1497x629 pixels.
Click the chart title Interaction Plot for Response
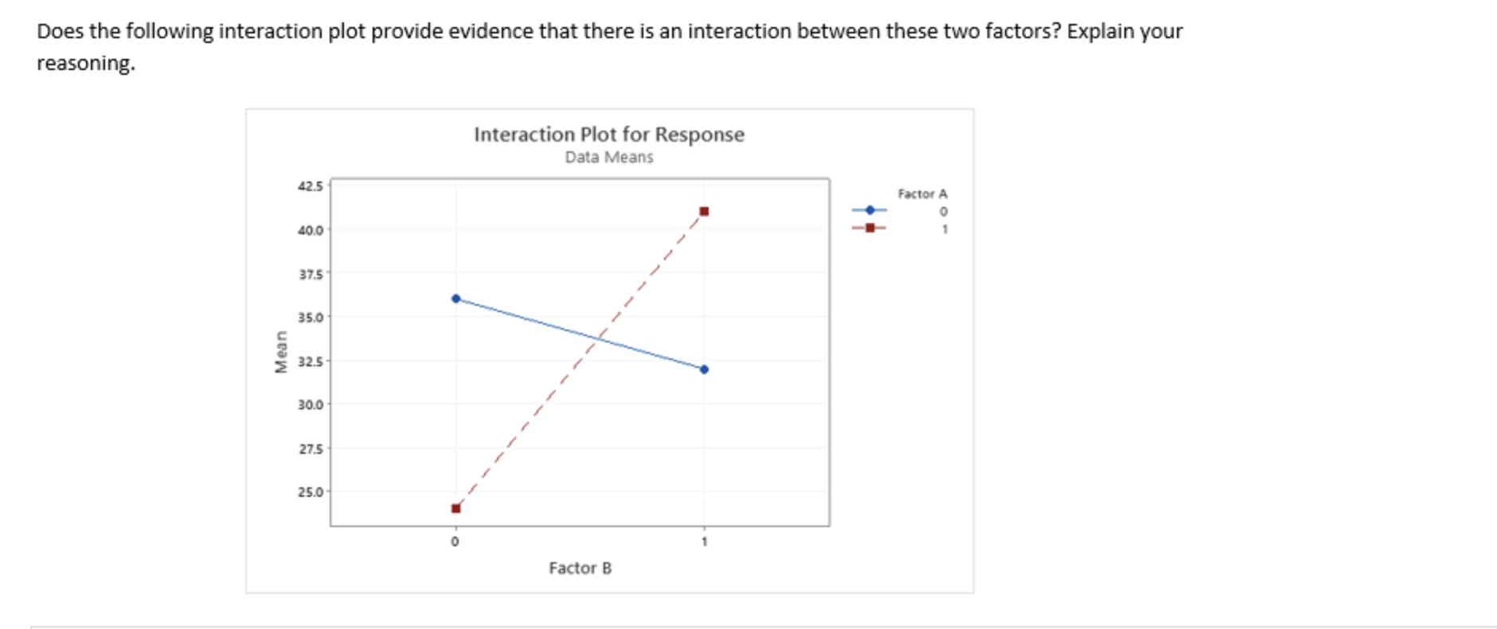click(609, 135)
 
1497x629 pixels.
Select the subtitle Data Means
click(609, 158)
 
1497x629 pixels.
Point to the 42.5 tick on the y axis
click(311, 186)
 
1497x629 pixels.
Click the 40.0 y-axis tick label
click(311, 230)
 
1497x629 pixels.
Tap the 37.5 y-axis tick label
click(311, 274)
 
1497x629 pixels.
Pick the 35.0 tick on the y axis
click(311, 317)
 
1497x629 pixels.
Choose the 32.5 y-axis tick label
click(311, 361)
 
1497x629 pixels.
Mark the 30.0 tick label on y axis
click(311, 404)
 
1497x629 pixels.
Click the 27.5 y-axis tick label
click(311, 448)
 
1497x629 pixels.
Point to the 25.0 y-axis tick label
click(311, 492)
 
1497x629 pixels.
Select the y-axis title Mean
click(280, 352)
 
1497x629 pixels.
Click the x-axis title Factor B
click(580, 568)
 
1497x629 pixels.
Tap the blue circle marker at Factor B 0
click(455, 299)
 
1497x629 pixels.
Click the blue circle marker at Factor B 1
click(704, 369)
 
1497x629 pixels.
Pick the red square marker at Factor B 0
click(455, 509)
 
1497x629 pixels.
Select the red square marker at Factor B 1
click(704, 212)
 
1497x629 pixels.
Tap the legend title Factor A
click(922, 193)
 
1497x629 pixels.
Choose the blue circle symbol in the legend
click(870, 210)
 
